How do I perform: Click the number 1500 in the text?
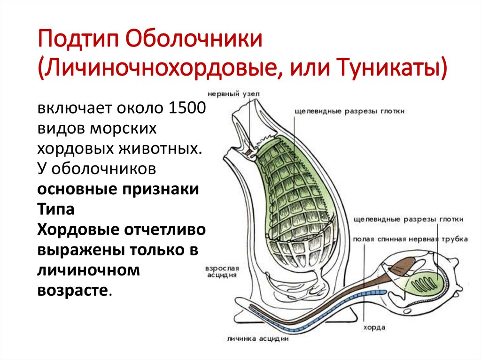pos(186,108)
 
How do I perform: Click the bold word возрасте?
pos(73,290)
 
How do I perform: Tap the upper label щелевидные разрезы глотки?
pos(349,111)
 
